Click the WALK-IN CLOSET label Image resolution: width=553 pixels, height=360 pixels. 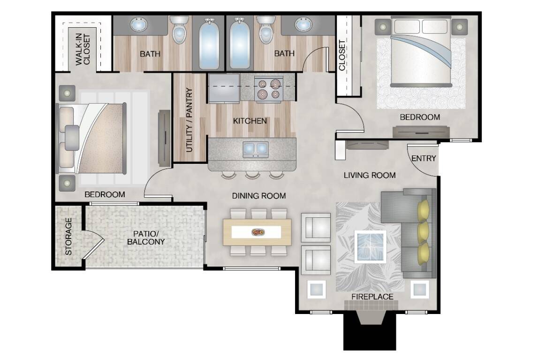point(83,50)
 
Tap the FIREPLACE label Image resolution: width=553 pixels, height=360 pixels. point(372,297)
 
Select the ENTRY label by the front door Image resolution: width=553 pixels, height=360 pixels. point(424,159)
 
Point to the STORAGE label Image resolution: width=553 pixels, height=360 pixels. point(69,237)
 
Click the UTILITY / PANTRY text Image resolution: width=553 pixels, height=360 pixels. point(189,120)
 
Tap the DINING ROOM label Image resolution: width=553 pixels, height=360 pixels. point(259,196)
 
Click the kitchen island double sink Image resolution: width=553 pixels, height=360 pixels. point(256,150)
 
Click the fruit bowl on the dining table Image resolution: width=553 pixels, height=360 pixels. point(258,232)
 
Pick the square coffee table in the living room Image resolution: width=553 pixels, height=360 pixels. point(371,247)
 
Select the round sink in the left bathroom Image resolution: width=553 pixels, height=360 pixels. point(139,25)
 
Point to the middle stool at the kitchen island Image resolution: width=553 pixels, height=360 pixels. point(252,175)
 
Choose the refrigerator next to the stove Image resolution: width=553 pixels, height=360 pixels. point(224,88)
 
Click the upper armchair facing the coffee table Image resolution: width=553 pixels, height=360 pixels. point(316,227)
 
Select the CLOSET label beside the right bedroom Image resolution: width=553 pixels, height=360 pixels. point(342,55)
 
